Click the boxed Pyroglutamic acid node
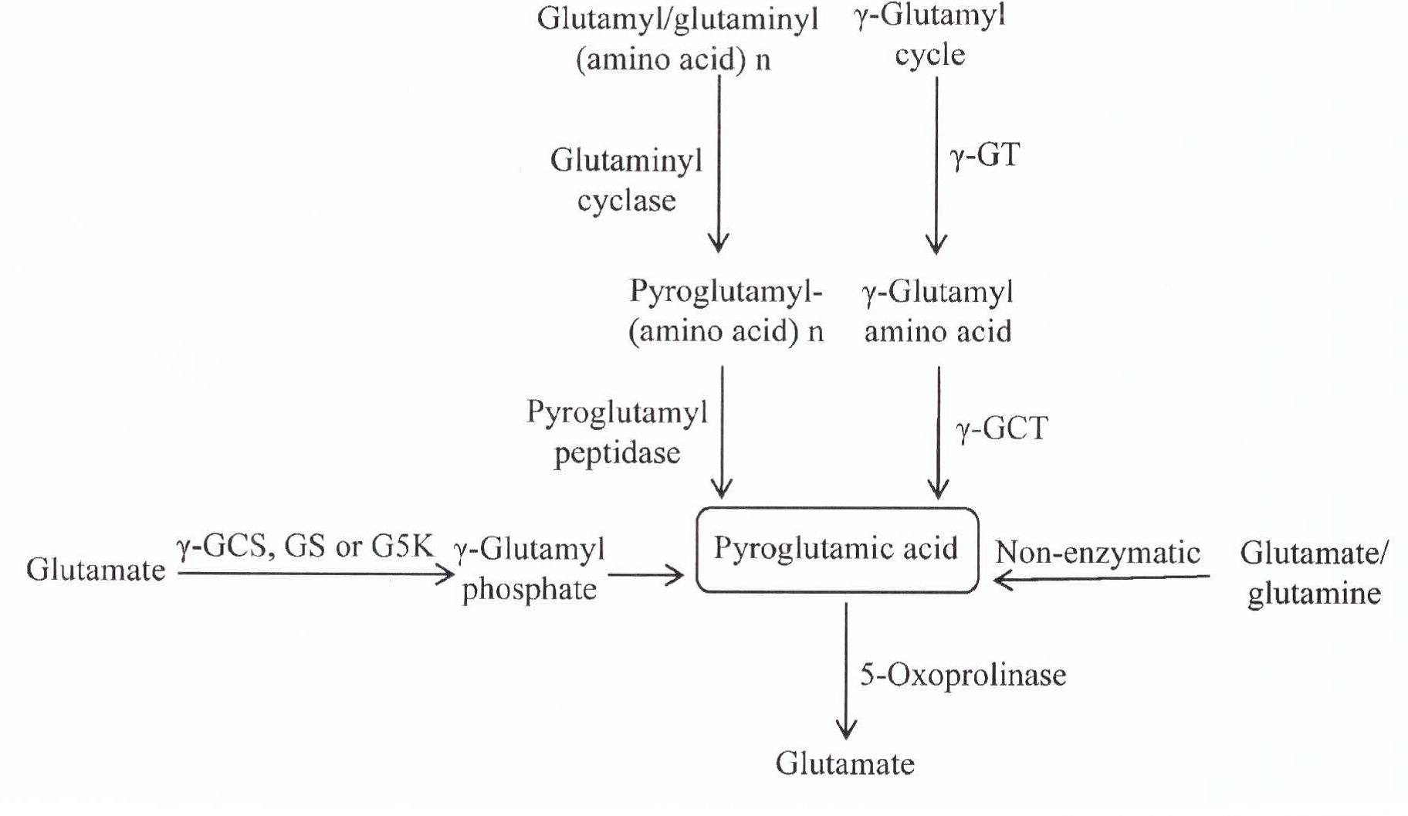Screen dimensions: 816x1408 click(837, 550)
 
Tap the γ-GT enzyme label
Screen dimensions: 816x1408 click(985, 156)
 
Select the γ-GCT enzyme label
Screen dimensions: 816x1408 click(1002, 428)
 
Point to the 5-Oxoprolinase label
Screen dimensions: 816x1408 click(963, 675)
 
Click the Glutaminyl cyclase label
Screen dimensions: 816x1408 click(626, 181)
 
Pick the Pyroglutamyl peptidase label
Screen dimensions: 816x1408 click(617, 432)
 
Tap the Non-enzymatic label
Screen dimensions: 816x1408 click(1098, 553)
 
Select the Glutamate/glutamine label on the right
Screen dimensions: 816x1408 click(1314, 573)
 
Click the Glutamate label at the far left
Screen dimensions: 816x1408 click(96, 570)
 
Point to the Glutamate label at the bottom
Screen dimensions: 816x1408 click(845, 764)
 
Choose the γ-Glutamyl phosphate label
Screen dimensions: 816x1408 click(530, 569)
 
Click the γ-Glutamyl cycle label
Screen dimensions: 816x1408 click(930, 35)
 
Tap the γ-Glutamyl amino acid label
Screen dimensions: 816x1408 click(937, 312)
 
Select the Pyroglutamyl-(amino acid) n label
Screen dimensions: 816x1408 click(726, 311)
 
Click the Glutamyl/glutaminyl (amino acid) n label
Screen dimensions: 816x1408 click(677, 39)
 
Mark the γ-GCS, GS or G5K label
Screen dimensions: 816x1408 click(305, 547)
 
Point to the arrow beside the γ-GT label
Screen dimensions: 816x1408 click(936, 165)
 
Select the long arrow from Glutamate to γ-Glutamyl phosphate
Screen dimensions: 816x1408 click(315, 574)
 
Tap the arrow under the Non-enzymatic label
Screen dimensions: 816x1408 click(1102, 578)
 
